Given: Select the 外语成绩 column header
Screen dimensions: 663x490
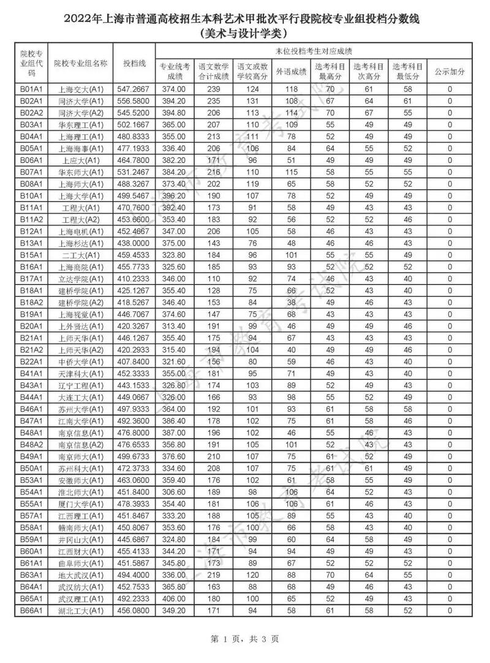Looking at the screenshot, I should click(x=290, y=71).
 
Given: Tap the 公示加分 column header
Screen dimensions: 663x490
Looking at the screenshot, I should click(x=450, y=71).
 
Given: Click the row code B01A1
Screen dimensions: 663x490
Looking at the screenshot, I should click(x=31, y=89).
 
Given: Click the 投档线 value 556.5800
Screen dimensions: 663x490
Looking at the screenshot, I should click(x=134, y=100).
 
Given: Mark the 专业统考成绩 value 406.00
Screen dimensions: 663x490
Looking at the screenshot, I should click(x=175, y=599).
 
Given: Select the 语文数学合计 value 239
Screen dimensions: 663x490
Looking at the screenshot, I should click(x=213, y=89).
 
